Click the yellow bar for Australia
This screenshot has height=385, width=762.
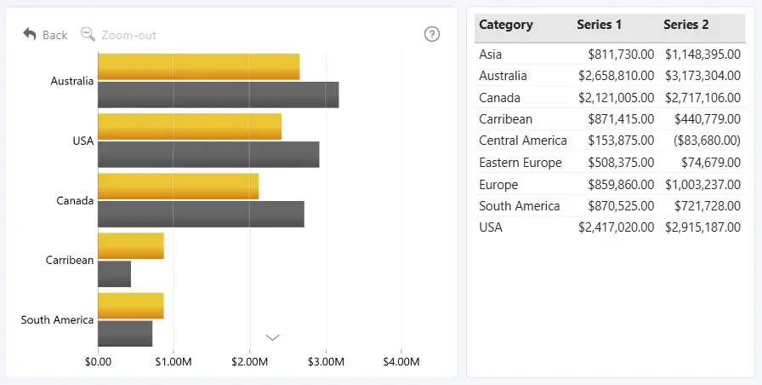(x=199, y=66)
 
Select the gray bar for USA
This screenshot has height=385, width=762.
(x=208, y=154)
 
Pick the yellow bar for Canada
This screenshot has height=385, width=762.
(x=179, y=187)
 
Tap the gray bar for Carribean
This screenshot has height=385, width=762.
(x=114, y=274)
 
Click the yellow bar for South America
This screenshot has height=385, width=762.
(x=131, y=306)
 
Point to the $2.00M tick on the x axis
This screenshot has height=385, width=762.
(x=249, y=362)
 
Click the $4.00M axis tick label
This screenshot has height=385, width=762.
(x=401, y=362)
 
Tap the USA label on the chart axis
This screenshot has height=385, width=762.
(x=83, y=141)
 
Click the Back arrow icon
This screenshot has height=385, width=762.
(x=30, y=34)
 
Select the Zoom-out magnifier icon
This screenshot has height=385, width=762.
(x=88, y=34)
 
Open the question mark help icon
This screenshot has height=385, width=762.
(x=432, y=34)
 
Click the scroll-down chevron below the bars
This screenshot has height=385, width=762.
(x=273, y=337)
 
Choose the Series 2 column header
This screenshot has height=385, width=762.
(x=686, y=25)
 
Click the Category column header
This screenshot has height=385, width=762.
(x=506, y=25)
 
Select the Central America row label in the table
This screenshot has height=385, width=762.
(x=523, y=141)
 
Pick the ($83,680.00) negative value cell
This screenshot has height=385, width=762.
(x=707, y=141)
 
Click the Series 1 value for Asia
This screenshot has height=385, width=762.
(x=621, y=54)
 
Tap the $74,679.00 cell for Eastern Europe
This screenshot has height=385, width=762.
(x=711, y=163)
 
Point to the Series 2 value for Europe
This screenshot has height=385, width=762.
(x=702, y=185)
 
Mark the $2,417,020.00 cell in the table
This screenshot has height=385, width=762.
(x=617, y=227)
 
